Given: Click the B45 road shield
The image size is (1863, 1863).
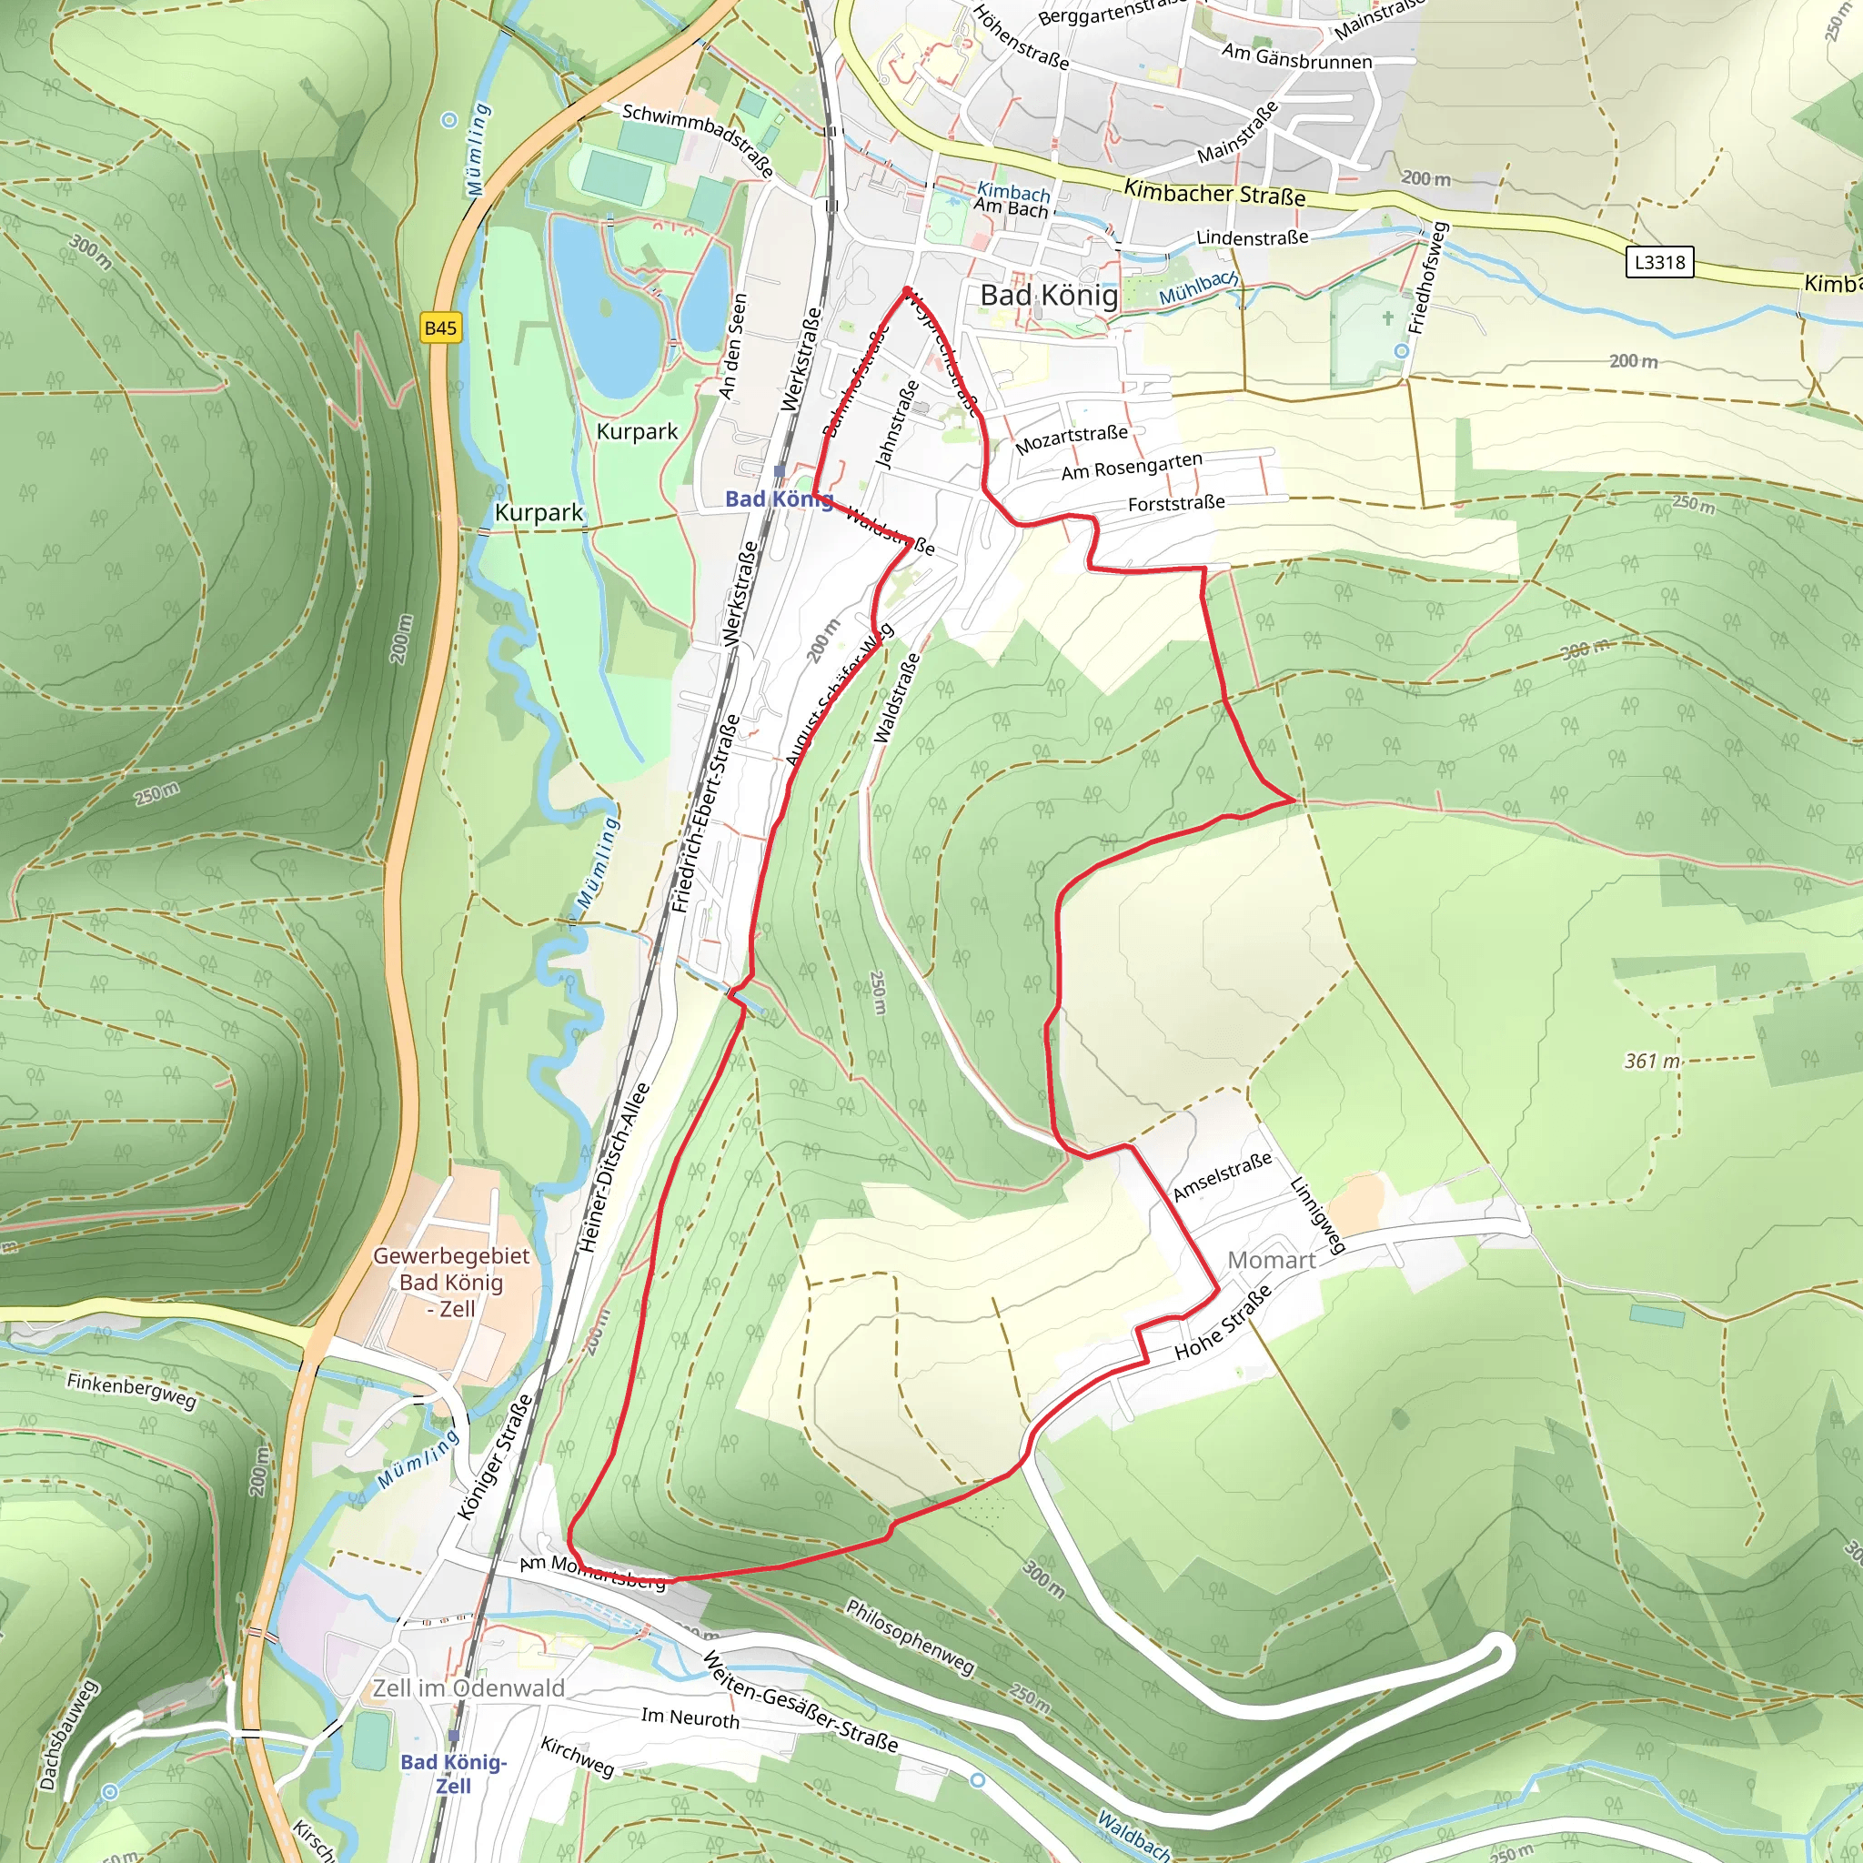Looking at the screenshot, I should (x=440, y=327).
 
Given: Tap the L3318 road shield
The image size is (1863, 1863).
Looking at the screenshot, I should (x=1658, y=261).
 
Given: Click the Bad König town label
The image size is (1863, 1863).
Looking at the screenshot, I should (x=1049, y=295).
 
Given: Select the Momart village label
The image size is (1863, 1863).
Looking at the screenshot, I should (x=1271, y=1260).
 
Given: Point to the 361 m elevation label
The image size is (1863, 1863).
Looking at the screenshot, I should (x=1652, y=1061).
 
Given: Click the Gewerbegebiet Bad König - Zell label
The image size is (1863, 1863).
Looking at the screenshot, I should (x=451, y=1282).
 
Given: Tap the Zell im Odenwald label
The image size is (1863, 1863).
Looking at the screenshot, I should (x=468, y=1687).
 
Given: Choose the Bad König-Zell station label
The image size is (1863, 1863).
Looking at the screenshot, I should (x=453, y=1772).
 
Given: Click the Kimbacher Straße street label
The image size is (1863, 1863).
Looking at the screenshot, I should (x=1215, y=193).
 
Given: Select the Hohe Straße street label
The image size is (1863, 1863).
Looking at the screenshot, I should (x=1223, y=1322).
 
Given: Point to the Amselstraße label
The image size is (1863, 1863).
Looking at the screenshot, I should (x=1222, y=1176).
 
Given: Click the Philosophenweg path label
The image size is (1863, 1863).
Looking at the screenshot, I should (x=911, y=1636).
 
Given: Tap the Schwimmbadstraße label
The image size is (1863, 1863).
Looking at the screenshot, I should (x=698, y=139).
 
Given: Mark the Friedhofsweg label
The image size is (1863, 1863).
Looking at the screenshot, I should (x=1428, y=277).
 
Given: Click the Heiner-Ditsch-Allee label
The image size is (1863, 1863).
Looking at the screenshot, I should (x=614, y=1168).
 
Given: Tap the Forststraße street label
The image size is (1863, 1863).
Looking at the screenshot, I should (x=1176, y=502).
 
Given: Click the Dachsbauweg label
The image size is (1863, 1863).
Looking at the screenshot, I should (x=68, y=1735).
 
